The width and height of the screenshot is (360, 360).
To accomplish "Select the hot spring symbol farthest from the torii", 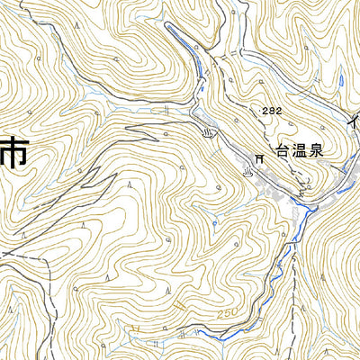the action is (x=209, y=133).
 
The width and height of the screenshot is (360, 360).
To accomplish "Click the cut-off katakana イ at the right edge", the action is (x=355, y=118).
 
